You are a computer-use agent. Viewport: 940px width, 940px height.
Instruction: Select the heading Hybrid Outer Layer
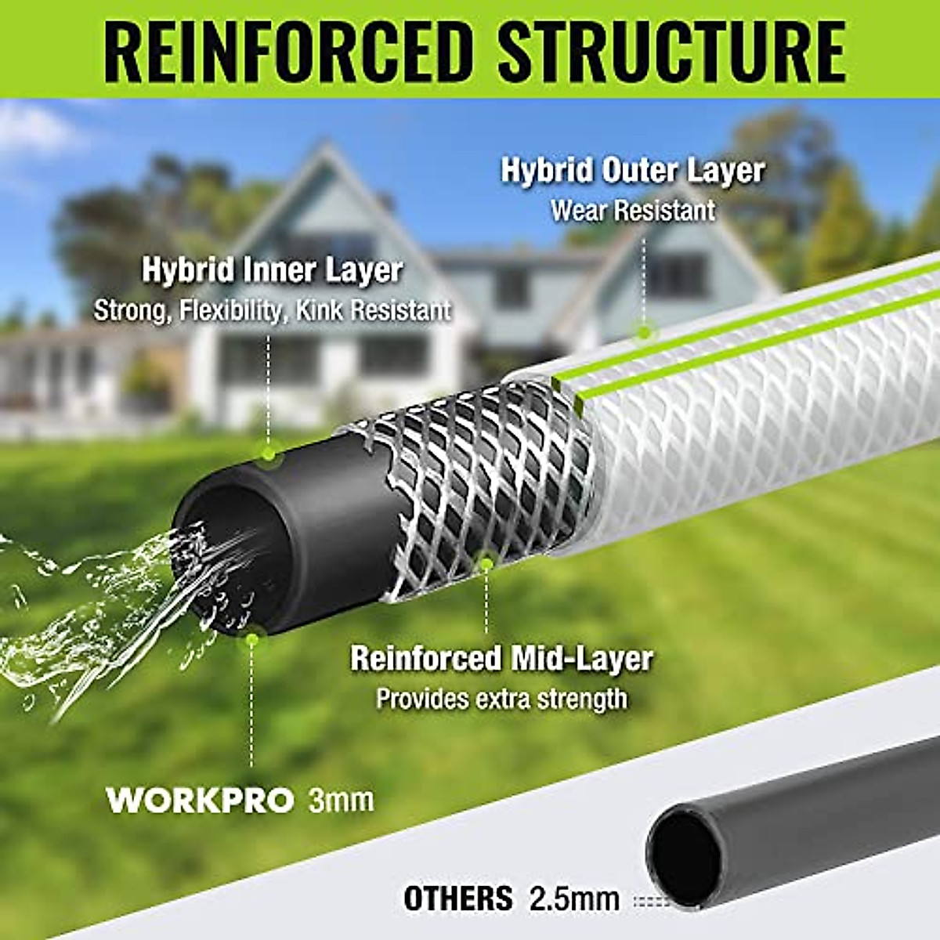point(632,171)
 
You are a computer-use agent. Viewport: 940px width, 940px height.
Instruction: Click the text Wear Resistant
point(632,211)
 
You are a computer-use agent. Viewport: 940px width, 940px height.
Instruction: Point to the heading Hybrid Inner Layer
point(272,270)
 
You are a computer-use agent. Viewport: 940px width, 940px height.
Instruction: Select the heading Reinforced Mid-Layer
point(501,658)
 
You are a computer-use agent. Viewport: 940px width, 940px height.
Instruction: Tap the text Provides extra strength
point(501,699)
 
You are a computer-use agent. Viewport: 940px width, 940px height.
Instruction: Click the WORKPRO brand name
point(201,801)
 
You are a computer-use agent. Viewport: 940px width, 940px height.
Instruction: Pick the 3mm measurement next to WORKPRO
point(342,801)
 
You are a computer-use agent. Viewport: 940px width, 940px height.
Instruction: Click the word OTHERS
point(458,898)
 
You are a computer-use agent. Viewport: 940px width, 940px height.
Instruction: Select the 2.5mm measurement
point(574,898)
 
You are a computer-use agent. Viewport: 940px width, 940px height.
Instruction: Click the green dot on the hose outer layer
point(644,332)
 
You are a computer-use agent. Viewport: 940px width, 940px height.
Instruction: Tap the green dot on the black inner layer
point(269,453)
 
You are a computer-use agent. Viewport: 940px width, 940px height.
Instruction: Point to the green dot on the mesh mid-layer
point(486,563)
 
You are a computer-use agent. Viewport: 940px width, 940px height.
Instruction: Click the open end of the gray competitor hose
point(686,858)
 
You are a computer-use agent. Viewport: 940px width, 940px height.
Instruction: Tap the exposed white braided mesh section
point(478,486)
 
